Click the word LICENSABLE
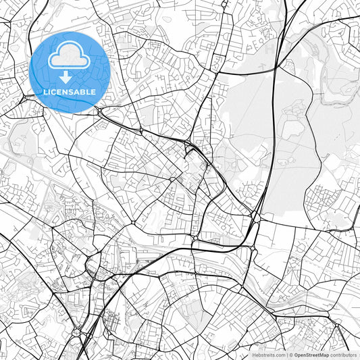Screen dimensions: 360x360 70,91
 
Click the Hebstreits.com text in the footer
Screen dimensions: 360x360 267,355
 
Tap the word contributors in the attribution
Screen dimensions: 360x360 342,355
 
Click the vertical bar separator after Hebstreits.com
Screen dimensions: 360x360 286,355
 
